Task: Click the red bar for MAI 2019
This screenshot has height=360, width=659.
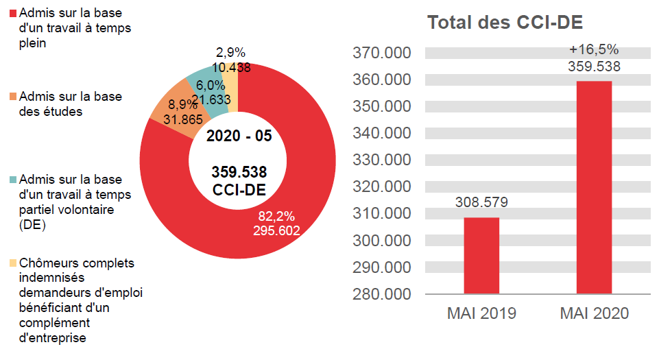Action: pos(481,255)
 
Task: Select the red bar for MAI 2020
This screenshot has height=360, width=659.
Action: pos(594,187)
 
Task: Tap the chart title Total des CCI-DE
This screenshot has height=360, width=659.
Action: pos(505,22)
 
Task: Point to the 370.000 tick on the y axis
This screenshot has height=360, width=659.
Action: pos(381,53)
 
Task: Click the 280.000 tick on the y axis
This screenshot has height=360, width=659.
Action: pos(381,294)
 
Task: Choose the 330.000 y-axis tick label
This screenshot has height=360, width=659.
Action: pos(381,160)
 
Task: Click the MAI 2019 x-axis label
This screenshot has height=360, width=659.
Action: pos(481,314)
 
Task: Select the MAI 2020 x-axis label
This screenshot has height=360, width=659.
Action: pos(594,314)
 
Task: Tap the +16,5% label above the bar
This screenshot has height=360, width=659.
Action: pos(594,49)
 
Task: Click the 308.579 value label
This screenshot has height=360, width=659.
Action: pos(481,203)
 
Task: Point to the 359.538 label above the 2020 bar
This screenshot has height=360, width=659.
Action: pos(594,67)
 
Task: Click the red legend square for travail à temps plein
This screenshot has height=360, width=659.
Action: pos(14,14)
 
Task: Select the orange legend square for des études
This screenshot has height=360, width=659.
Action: pos(14,97)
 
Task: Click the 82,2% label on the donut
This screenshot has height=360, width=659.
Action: pos(276,217)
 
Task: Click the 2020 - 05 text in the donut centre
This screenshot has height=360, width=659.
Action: pos(239,136)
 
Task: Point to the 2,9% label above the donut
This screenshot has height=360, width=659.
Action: pos(230,53)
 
